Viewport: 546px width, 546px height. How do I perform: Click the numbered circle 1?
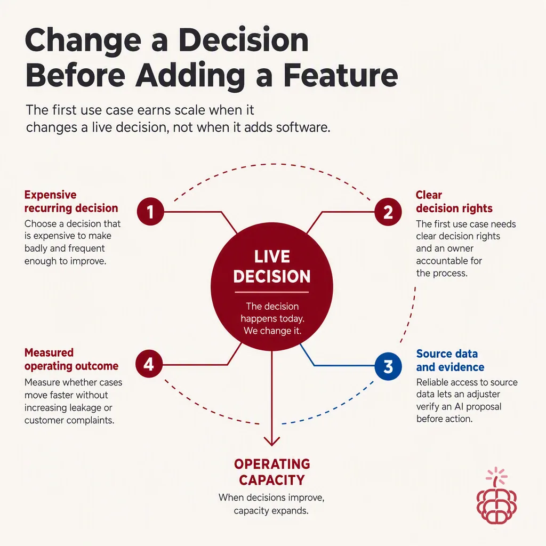pos(150,211)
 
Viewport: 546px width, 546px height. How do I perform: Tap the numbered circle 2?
pos(388,212)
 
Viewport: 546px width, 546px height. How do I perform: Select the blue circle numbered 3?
pos(388,366)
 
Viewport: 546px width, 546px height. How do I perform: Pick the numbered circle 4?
pos(149,364)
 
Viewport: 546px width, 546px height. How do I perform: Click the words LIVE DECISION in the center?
pos(272,267)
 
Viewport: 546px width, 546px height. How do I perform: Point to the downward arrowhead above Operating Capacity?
pos(271,441)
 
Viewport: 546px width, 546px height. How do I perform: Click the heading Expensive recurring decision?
pos(71,201)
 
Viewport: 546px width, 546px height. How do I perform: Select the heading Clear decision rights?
pos(454,201)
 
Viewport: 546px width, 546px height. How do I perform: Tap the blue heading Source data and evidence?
pos(450,360)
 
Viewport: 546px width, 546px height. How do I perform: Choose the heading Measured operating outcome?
pos(71,359)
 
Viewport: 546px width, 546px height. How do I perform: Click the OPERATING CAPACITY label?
pos(272,472)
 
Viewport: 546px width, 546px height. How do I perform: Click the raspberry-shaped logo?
pos(496,496)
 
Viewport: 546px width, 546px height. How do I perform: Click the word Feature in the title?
pos(341,75)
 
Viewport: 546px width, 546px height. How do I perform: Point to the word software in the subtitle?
pos(303,127)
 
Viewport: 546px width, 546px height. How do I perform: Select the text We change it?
pos(272,331)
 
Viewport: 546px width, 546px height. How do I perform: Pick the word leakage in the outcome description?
pos(83,408)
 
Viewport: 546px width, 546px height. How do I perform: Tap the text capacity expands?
pos(271,511)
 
